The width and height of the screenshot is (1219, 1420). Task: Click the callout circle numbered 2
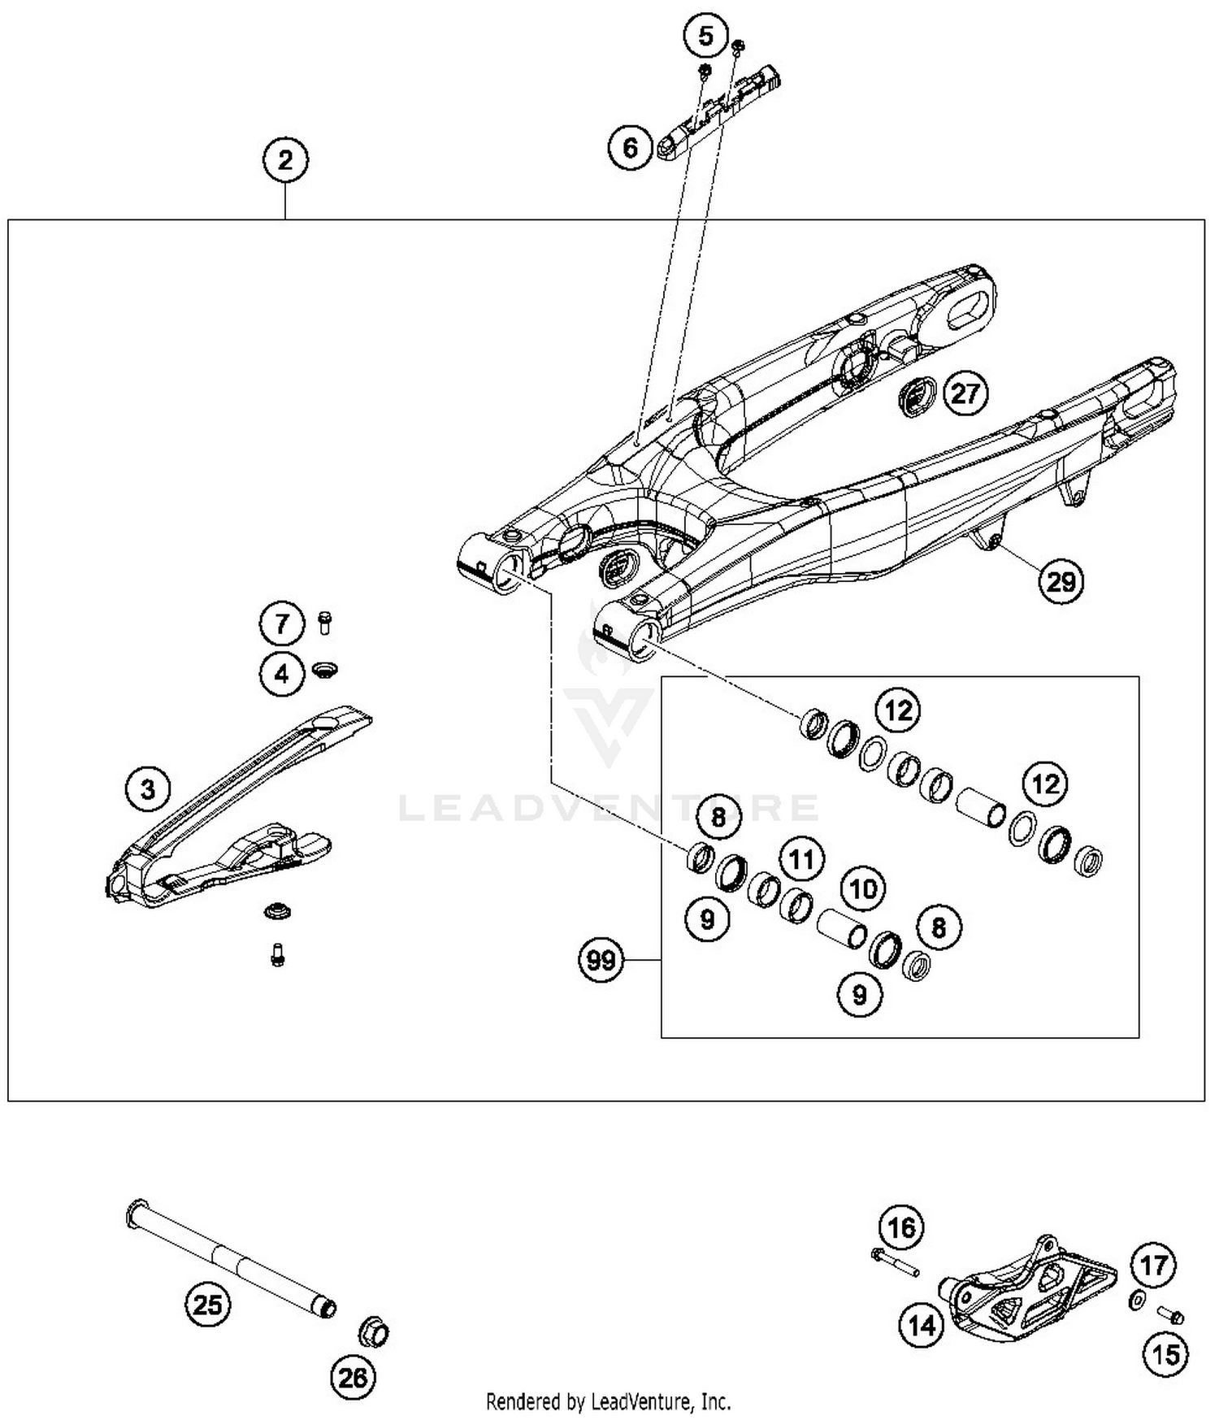285,160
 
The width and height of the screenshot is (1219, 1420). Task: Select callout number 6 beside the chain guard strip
631,148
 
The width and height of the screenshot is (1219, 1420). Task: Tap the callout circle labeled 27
965,394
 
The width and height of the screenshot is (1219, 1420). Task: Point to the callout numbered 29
1061,581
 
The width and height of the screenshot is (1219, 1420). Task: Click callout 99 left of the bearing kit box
601,961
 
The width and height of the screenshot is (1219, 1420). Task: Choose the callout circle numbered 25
207,1305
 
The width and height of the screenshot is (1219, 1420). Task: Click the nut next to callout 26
374,1333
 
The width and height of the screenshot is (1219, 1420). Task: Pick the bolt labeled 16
894,1262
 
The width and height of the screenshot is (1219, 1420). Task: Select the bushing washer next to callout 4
325,671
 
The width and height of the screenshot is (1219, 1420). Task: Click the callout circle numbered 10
862,888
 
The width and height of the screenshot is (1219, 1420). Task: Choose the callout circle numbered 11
802,859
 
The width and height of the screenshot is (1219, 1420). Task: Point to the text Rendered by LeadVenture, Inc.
608,1401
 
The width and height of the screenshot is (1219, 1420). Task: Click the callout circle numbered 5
705,36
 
